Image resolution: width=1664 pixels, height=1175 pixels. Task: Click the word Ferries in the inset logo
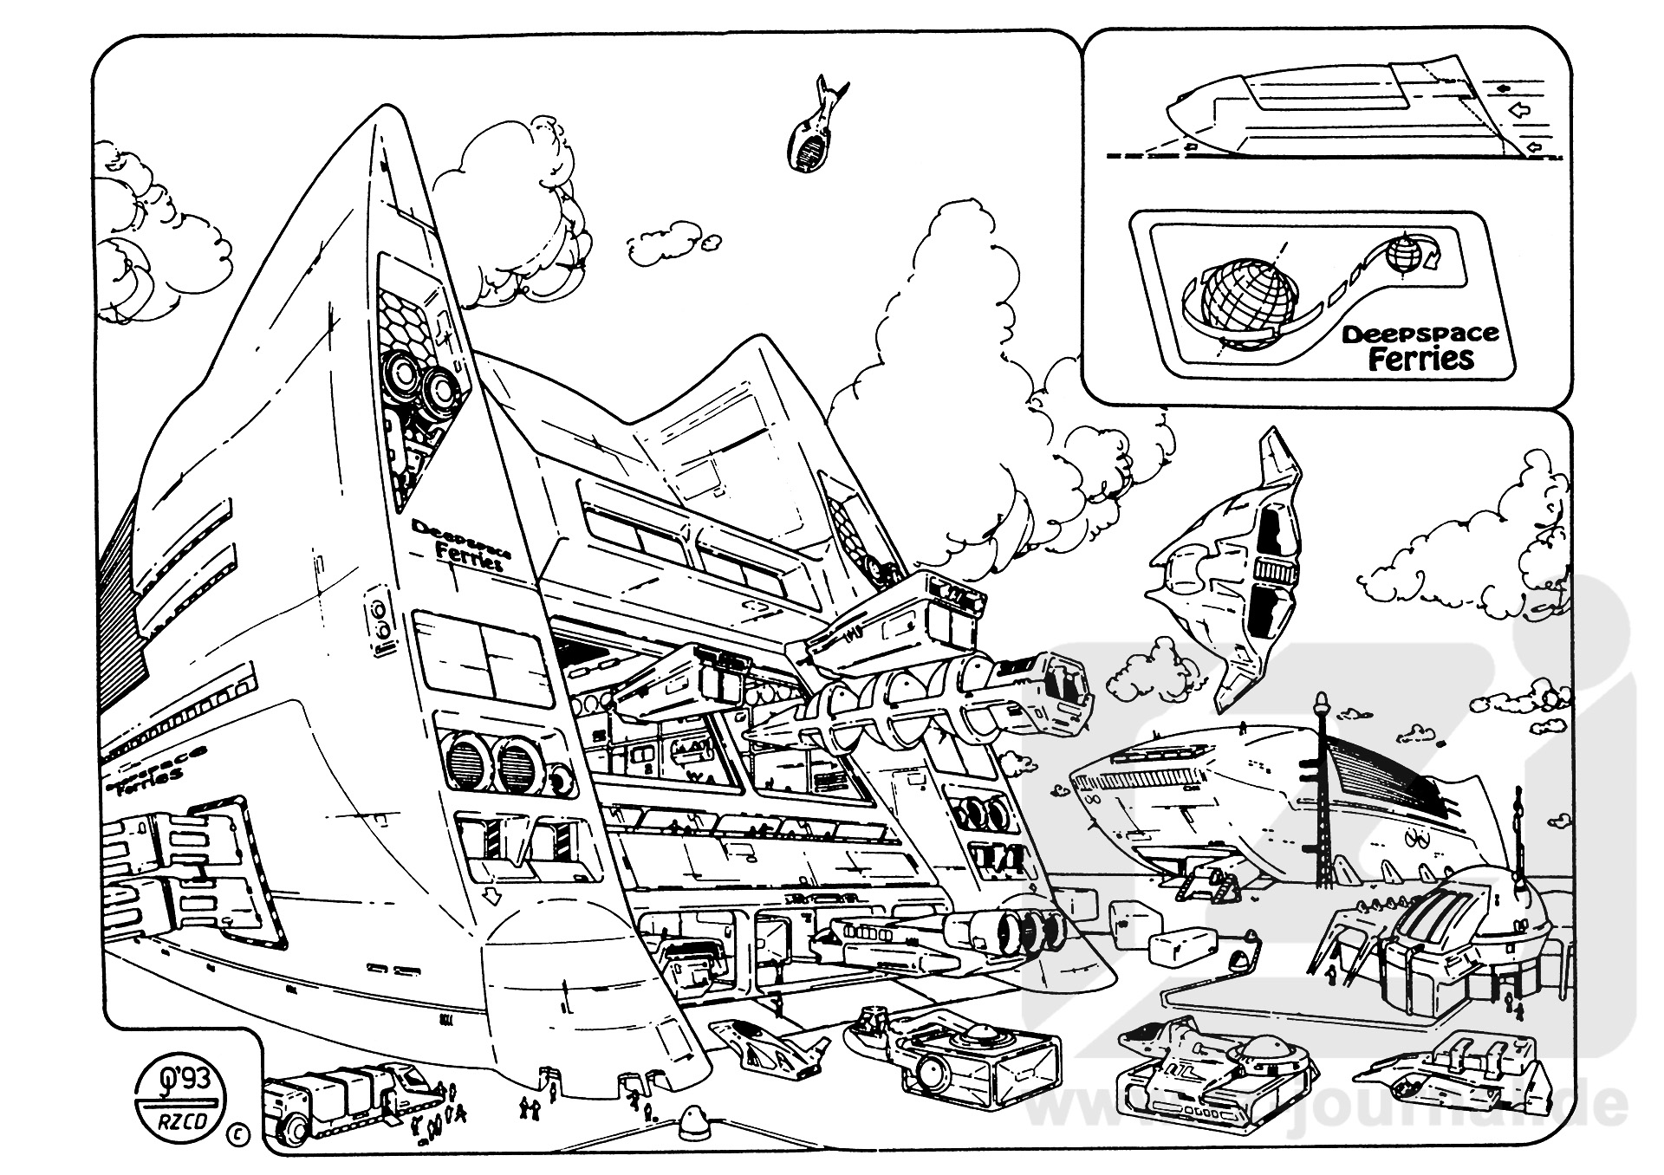1420,359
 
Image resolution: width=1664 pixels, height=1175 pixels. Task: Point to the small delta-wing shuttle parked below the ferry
763,1049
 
